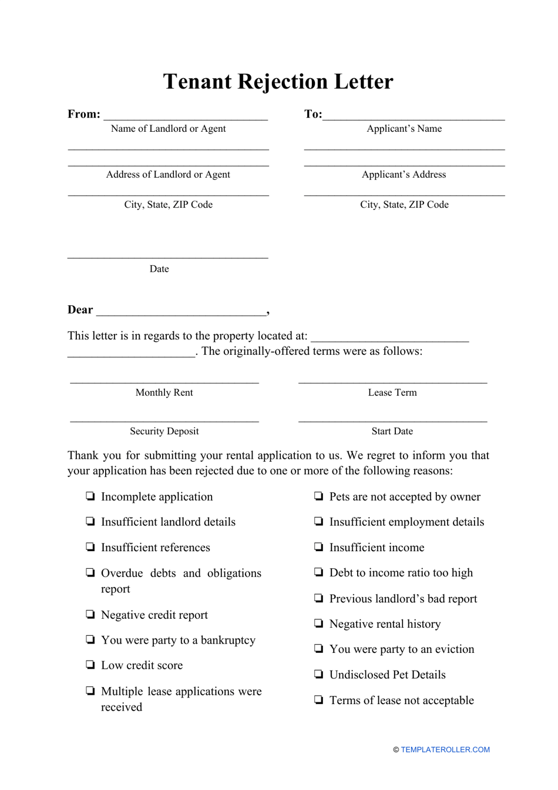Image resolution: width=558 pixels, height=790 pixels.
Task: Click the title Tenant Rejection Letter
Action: (x=278, y=82)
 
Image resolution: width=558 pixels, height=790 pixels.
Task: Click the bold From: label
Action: (x=84, y=114)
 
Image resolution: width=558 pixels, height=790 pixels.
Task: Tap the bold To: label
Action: (x=312, y=114)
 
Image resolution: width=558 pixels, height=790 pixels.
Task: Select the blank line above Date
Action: (x=168, y=257)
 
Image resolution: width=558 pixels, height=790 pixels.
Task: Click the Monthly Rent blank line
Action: (x=164, y=382)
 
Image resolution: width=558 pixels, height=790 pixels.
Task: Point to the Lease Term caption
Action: (x=392, y=393)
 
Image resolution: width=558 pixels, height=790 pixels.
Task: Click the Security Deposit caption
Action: (x=164, y=431)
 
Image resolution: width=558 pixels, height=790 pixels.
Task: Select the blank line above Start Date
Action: (x=392, y=421)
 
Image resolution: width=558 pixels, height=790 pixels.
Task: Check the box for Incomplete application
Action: (x=90, y=496)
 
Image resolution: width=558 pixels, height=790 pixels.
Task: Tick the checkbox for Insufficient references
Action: (x=90, y=546)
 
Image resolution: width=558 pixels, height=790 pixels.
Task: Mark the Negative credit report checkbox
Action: (x=90, y=614)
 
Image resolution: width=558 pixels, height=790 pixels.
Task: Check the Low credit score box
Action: (x=90, y=665)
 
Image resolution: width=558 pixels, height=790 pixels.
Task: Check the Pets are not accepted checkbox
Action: (x=318, y=496)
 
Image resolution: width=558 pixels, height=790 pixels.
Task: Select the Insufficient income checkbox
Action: (x=318, y=546)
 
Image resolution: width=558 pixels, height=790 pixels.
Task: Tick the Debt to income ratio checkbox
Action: (x=318, y=572)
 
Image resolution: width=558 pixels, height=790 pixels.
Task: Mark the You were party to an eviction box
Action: (x=318, y=648)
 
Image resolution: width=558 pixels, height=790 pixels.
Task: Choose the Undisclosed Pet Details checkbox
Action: (x=318, y=674)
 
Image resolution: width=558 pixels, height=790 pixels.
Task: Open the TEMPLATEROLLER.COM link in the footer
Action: (x=445, y=749)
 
